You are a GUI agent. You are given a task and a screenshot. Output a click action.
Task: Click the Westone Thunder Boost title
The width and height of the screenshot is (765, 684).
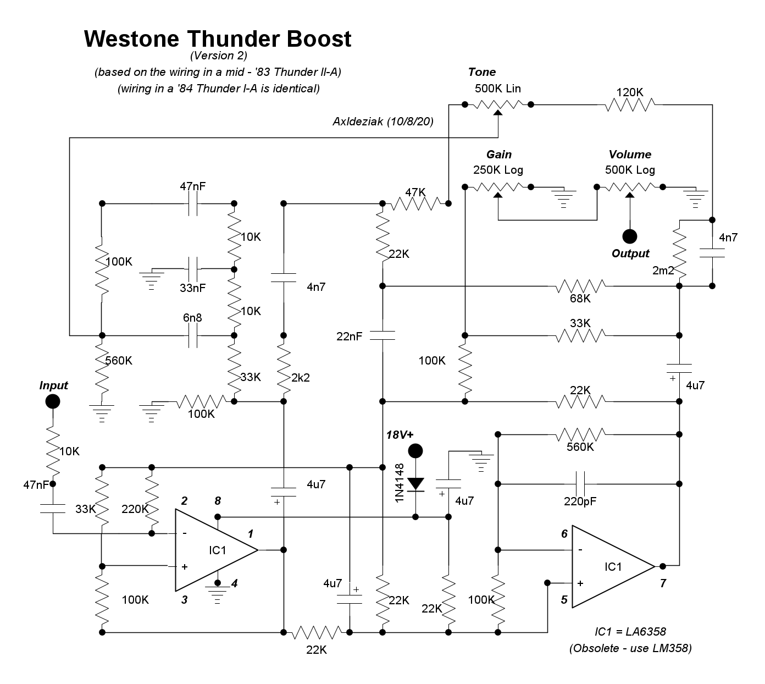[x=218, y=39]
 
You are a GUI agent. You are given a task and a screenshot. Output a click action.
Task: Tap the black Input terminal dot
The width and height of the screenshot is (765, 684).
[x=53, y=401]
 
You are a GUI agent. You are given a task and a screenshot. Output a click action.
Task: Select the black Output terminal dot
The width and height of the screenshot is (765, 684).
[x=630, y=236]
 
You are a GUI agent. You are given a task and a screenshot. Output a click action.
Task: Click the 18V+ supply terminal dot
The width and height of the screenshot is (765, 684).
[x=416, y=451]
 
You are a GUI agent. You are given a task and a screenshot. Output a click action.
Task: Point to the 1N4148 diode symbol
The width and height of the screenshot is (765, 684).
[x=416, y=484]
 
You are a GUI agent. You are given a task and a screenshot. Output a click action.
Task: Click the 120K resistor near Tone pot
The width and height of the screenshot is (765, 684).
[x=630, y=104]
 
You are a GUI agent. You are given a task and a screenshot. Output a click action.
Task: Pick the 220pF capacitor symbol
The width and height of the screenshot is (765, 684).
[x=580, y=484]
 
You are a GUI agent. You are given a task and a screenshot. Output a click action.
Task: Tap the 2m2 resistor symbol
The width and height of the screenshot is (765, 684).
[x=680, y=254]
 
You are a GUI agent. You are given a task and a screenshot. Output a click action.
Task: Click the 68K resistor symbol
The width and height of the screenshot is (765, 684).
[x=580, y=286]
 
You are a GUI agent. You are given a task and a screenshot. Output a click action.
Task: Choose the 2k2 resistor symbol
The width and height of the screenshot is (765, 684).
[x=284, y=368]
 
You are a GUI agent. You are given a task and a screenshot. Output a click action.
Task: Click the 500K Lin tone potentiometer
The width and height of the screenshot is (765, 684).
[x=498, y=104]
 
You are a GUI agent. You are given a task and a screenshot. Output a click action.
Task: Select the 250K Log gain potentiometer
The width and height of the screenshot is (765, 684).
[x=498, y=187]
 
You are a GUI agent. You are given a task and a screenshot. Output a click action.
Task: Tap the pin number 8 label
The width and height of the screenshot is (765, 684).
[x=218, y=501]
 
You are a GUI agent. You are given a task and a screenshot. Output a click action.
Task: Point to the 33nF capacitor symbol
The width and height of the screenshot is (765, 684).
[x=193, y=269]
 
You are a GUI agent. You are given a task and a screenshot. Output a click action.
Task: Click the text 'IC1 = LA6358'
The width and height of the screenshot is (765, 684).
[x=630, y=632]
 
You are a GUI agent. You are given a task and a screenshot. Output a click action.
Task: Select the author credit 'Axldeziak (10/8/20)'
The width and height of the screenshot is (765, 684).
[x=383, y=122]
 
